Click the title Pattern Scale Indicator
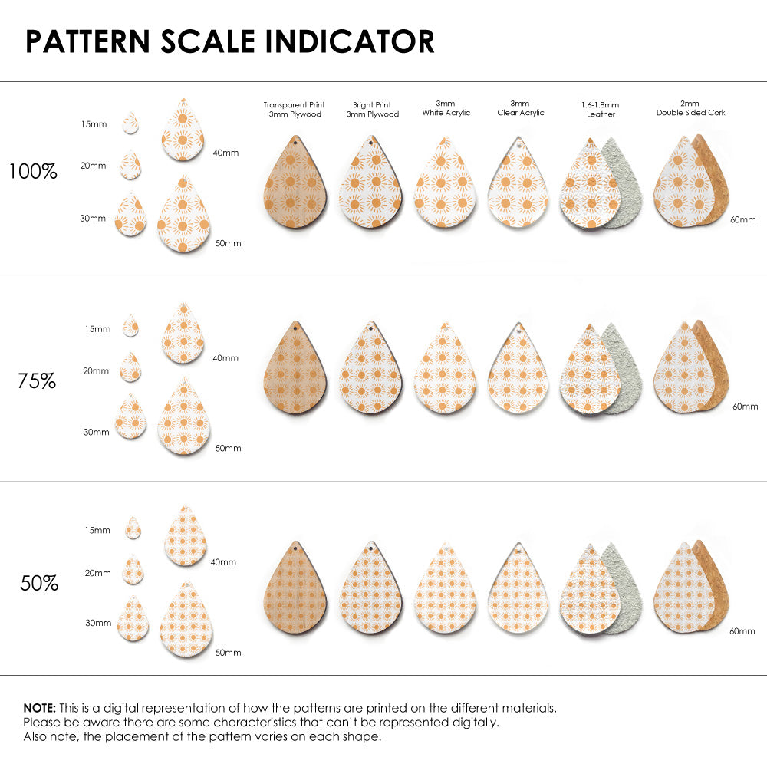(x=229, y=41)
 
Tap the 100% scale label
(x=33, y=172)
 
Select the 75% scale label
(x=37, y=380)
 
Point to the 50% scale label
(x=39, y=583)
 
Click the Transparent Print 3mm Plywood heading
(x=294, y=110)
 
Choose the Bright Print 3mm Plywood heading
(x=372, y=110)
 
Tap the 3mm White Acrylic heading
(x=446, y=108)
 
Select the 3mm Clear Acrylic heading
(x=520, y=108)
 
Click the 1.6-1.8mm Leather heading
(x=601, y=110)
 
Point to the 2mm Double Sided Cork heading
(x=690, y=108)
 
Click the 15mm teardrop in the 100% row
(x=131, y=123)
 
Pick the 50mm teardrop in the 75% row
(x=184, y=416)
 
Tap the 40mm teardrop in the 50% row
(x=186, y=537)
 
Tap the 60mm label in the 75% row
(x=745, y=406)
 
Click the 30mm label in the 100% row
(x=93, y=219)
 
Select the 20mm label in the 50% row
(x=98, y=573)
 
